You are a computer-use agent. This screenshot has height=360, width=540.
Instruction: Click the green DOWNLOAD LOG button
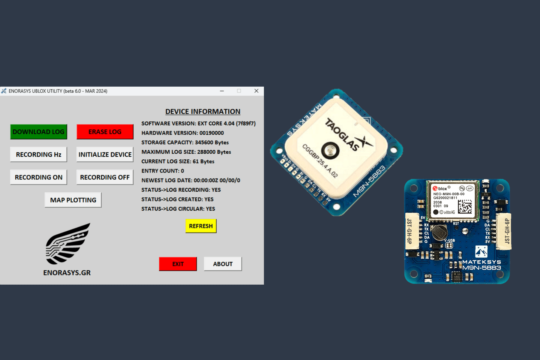(x=39, y=132)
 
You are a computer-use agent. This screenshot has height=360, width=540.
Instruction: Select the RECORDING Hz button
(x=39, y=154)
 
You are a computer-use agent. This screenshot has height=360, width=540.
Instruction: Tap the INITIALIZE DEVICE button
(x=105, y=154)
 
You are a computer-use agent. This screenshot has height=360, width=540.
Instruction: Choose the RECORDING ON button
(x=39, y=177)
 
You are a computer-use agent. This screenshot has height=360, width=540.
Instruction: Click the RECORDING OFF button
(x=105, y=177)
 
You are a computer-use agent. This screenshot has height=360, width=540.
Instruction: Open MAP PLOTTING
(x=73, y=200)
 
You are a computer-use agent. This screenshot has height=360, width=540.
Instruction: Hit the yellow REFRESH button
(x=201, y=226)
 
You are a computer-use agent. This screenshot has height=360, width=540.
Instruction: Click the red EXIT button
(x=178, y=264)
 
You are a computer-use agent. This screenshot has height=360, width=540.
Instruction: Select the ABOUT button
(x=223, y=264)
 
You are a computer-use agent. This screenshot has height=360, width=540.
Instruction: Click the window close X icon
(x=256, y=91)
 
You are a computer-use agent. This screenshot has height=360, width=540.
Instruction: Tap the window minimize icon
(x=222, y=91)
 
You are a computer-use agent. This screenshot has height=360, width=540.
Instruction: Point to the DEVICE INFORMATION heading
(x=203, y=111)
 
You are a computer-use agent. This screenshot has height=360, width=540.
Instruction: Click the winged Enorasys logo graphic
(x=68, y=244)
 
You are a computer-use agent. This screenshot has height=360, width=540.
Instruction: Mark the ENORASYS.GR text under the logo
(x=67, y=273)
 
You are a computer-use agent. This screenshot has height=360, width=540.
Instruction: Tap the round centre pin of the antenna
(x=330, y=150)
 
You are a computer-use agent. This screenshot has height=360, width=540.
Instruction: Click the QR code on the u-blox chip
(x=465, y=206)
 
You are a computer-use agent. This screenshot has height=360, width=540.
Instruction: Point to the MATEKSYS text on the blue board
(x=481, y=262)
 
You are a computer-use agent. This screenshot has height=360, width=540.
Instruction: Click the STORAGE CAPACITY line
(x=185, y=142)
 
